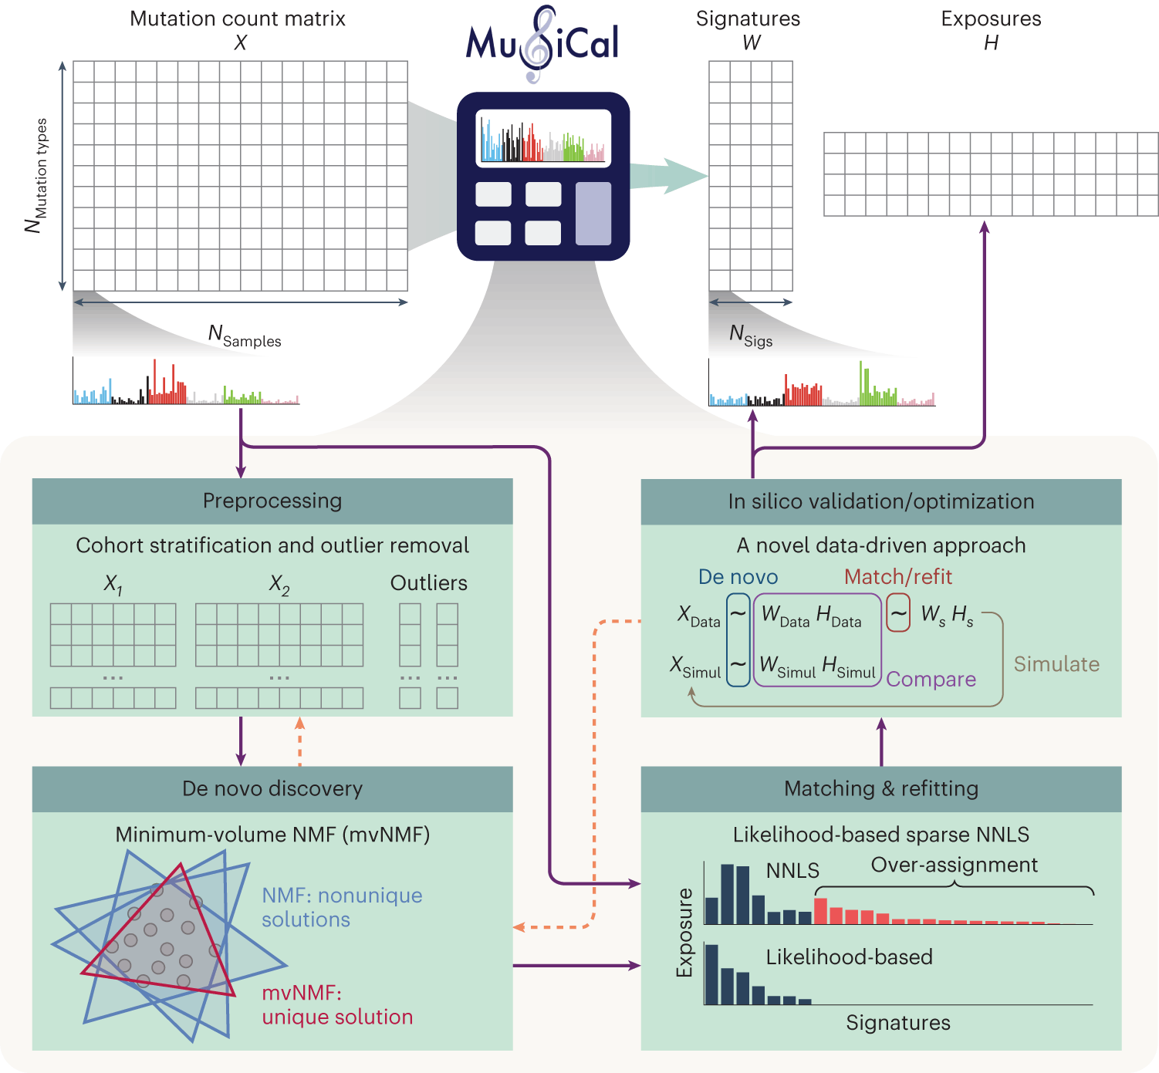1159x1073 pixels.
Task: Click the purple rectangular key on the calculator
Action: coord(593,214)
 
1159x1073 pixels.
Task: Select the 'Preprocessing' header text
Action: coord(272,501)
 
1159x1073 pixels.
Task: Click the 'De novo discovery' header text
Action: coord(272,788)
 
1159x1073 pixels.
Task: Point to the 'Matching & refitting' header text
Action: coord(880,788)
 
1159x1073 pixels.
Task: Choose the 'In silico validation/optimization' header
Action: coord(880,501)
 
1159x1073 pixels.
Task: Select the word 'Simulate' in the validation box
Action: coord(1056,664)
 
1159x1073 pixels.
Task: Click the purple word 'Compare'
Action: coord(931,679)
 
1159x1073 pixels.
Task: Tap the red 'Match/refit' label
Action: coord(897,577)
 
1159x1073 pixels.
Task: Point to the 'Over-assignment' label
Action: coord(954,865)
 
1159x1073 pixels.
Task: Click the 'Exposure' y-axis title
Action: coord(684,933)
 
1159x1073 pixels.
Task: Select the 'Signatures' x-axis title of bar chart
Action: coord(897,1023)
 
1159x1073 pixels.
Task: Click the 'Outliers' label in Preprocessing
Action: coord(428,583)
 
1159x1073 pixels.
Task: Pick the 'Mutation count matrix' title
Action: coord(237,19)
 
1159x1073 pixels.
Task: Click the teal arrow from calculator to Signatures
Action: coord(667,177)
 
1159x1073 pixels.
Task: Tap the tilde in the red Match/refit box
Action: coord(898,614)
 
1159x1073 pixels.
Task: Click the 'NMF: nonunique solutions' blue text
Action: coord(341,907)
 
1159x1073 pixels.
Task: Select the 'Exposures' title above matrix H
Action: coord(991,19)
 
